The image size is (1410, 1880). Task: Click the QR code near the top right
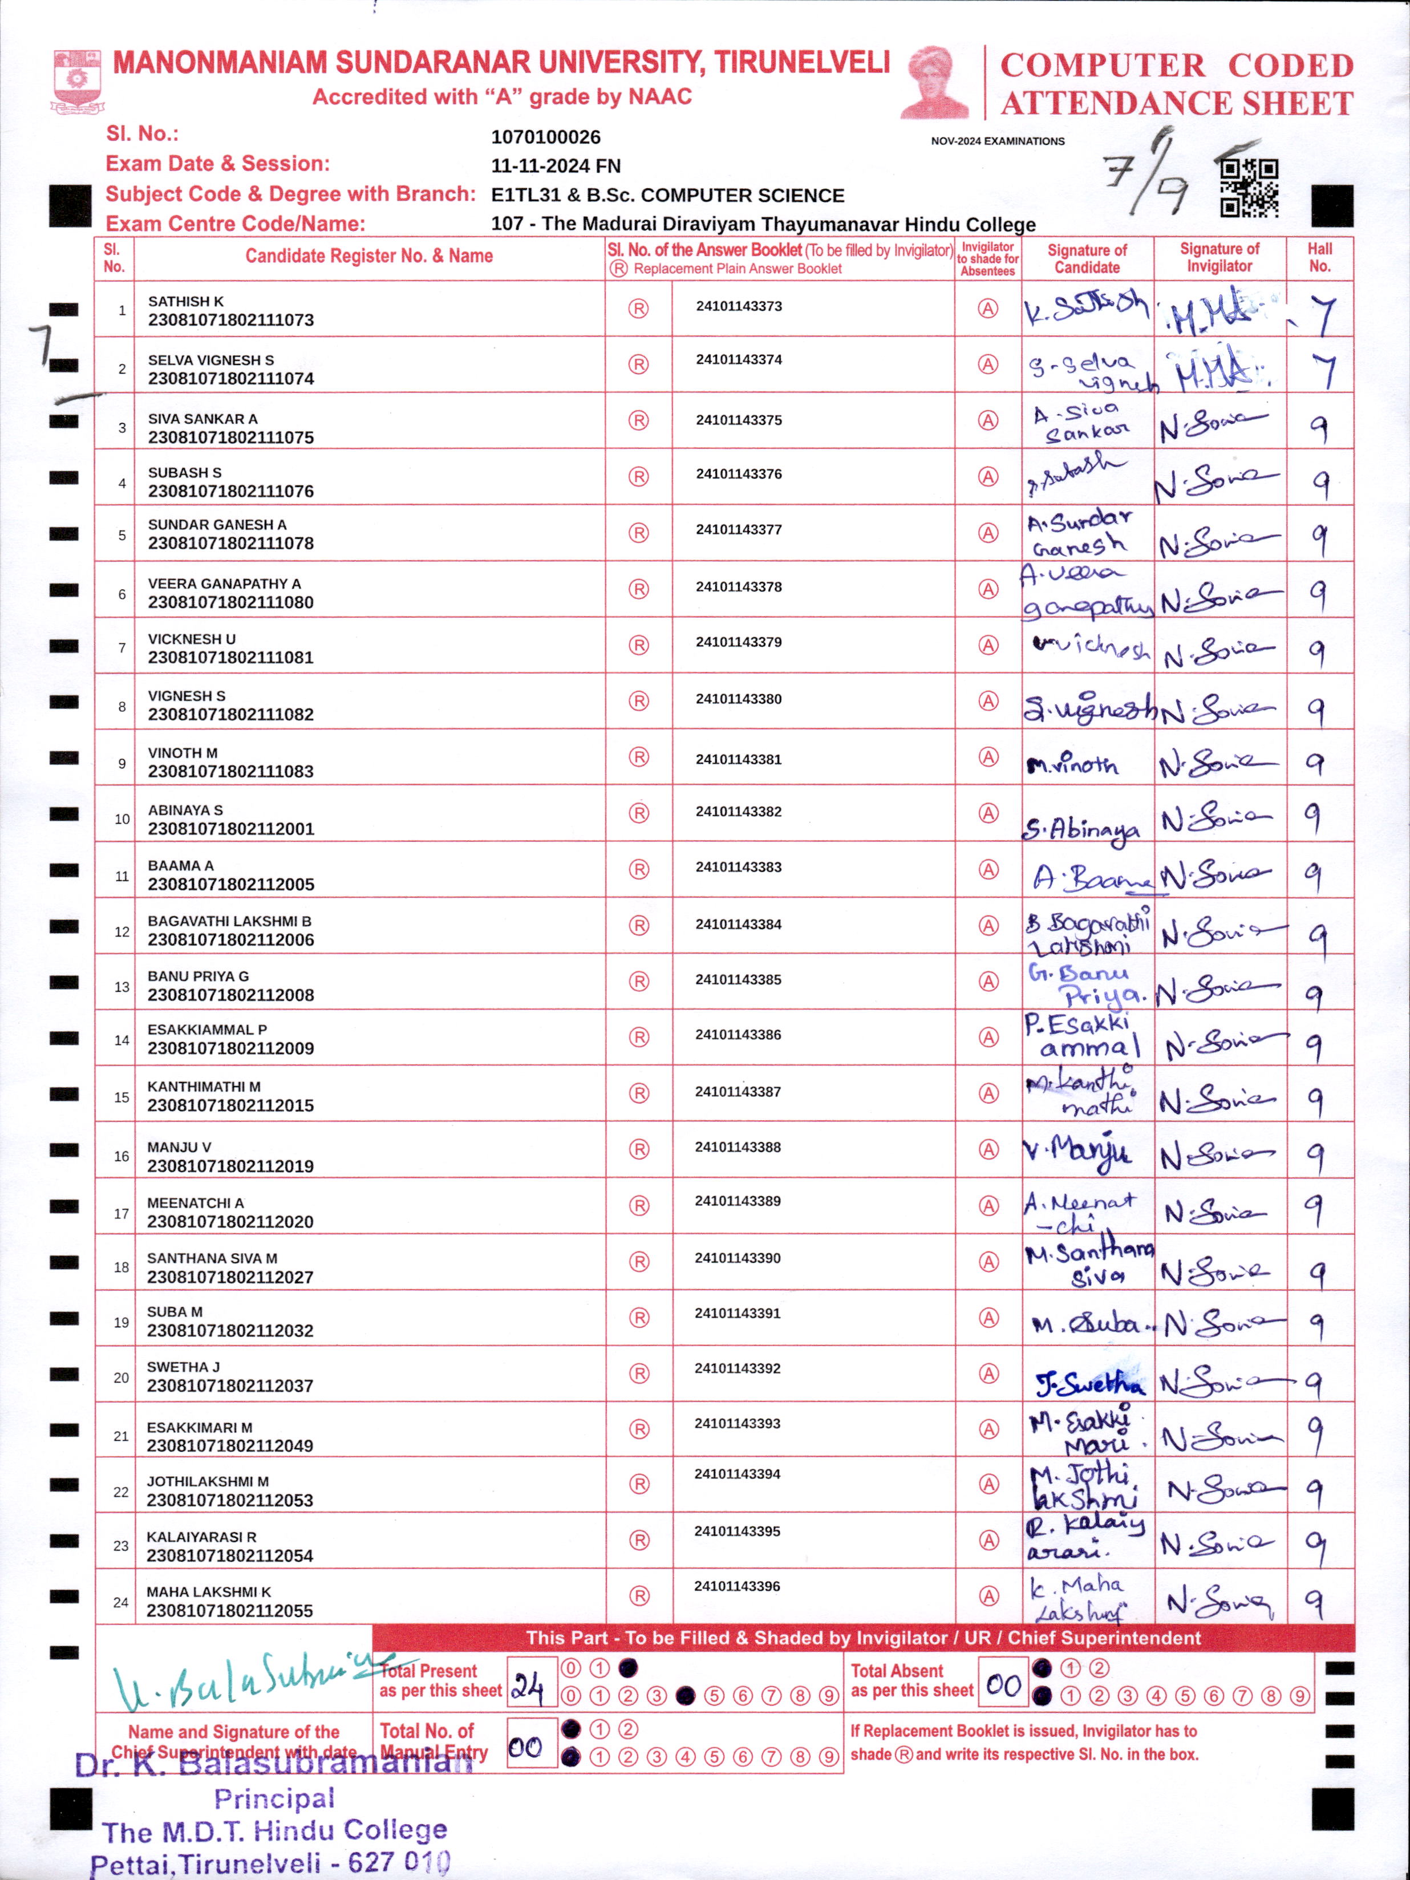click(1249, 188)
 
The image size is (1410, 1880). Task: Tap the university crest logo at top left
click(78, 82)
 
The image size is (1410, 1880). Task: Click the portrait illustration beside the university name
click(935, 83)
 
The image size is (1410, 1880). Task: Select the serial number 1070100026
click(546, 137)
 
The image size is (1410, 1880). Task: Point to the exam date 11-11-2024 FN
click(556, 166)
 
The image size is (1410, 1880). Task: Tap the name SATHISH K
click(186, 301)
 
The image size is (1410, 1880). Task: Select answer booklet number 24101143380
click(739, 699)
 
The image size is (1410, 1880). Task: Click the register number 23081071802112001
click(231, 829)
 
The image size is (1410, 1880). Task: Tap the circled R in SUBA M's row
click(638, 1318)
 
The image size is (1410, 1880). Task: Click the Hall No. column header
click(1319, 257)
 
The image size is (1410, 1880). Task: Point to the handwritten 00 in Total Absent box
click(1003, 1684)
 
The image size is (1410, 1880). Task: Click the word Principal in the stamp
click(274, 1797)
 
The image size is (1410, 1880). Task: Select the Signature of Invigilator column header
click(1219, 257)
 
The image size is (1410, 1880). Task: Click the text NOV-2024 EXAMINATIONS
click(997, 141)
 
